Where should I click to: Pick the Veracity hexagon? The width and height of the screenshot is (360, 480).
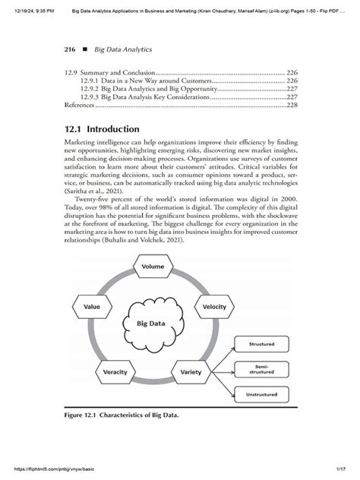coord(115,372)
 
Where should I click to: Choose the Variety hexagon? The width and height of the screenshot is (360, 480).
coord(191,372)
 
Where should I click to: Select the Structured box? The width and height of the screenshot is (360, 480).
coord(262,344)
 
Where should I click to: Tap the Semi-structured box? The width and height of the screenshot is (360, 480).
coord(262,368)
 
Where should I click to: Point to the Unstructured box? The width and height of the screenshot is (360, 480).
coord(262,396)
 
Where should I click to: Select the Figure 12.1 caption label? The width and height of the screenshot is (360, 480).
coord(81,417)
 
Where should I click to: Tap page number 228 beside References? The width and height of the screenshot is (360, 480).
coord(292,106)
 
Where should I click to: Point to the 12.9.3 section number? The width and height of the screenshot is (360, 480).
coord(89,97)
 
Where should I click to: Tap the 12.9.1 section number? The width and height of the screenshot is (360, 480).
coord(89,80)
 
